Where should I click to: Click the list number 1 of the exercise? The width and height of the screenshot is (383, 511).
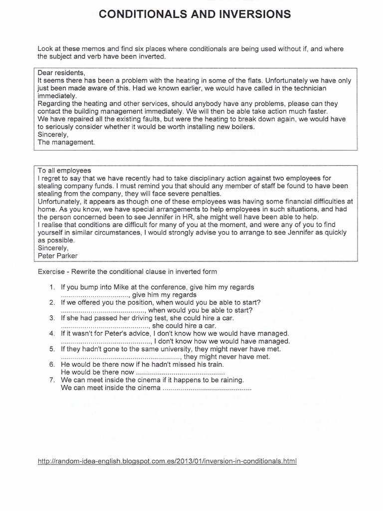52,287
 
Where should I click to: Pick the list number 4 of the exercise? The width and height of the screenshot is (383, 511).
52,333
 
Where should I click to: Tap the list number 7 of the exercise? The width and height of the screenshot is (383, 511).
52,380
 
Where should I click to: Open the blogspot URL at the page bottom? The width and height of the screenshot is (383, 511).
167,461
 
